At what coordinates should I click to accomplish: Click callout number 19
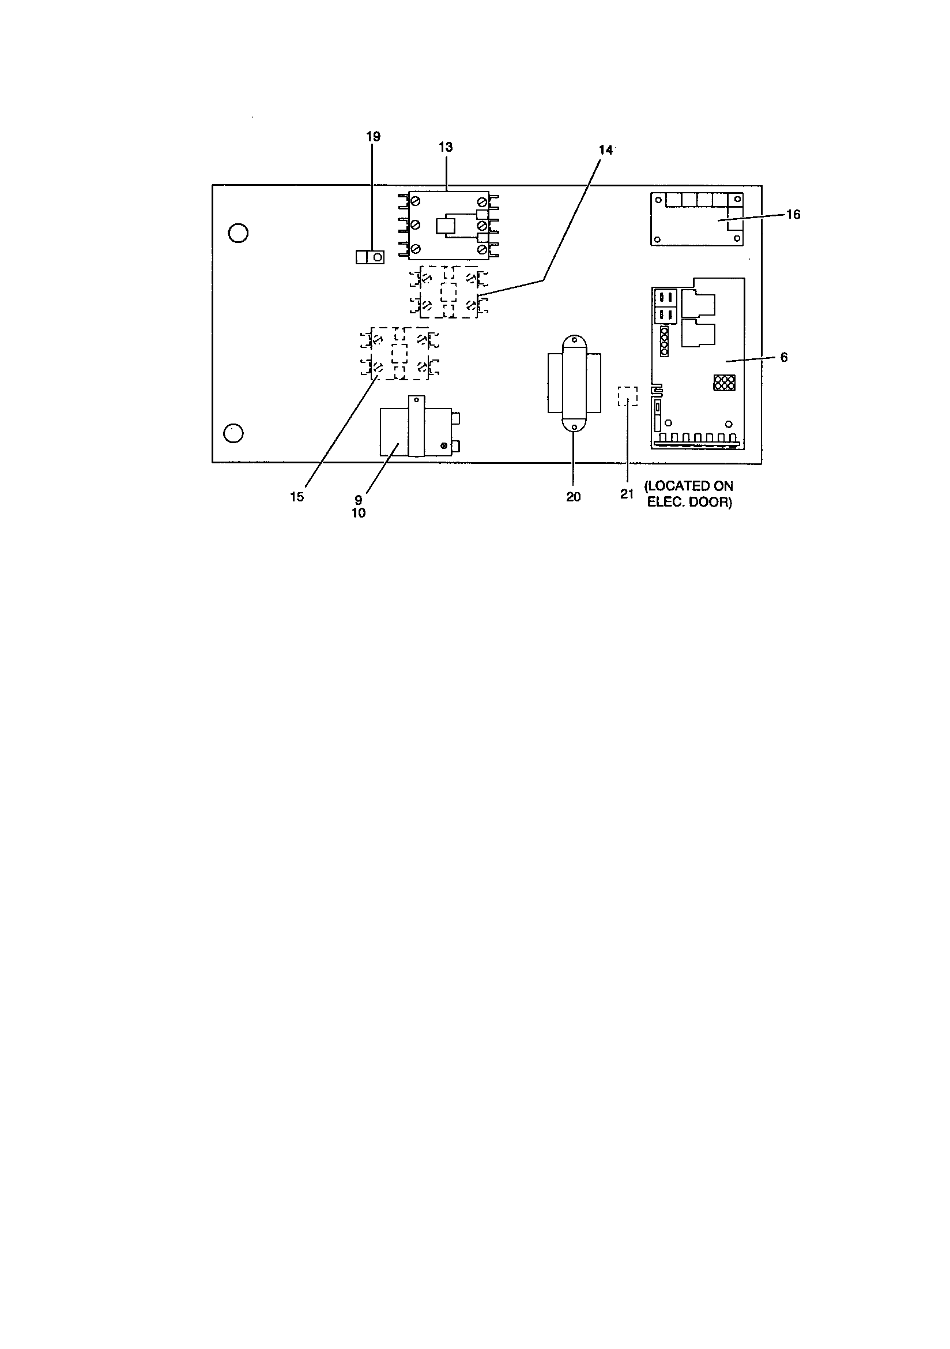373,136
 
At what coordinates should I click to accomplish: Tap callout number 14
605,150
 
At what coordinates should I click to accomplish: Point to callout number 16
793,215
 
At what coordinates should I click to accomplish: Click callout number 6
784,357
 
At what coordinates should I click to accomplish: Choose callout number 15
297,497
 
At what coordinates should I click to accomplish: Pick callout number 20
574,497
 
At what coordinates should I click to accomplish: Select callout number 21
627,494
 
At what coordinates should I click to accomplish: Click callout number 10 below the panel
359,513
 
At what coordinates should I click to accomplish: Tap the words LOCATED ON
689,486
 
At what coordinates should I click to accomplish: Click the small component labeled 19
370,257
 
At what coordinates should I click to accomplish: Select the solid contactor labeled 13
448,226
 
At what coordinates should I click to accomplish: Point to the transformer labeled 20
574,383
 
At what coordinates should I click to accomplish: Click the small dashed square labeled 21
627,396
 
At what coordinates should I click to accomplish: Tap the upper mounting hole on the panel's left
238,233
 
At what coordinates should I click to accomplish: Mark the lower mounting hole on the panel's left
233,433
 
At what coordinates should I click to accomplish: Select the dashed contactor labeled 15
400,354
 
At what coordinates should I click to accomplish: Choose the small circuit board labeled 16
697,219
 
